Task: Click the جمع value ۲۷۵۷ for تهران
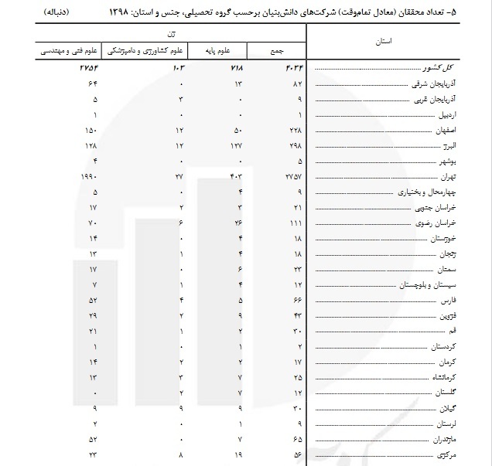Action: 292,177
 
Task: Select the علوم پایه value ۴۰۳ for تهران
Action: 236,177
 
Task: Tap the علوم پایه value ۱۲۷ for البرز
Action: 237,145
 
